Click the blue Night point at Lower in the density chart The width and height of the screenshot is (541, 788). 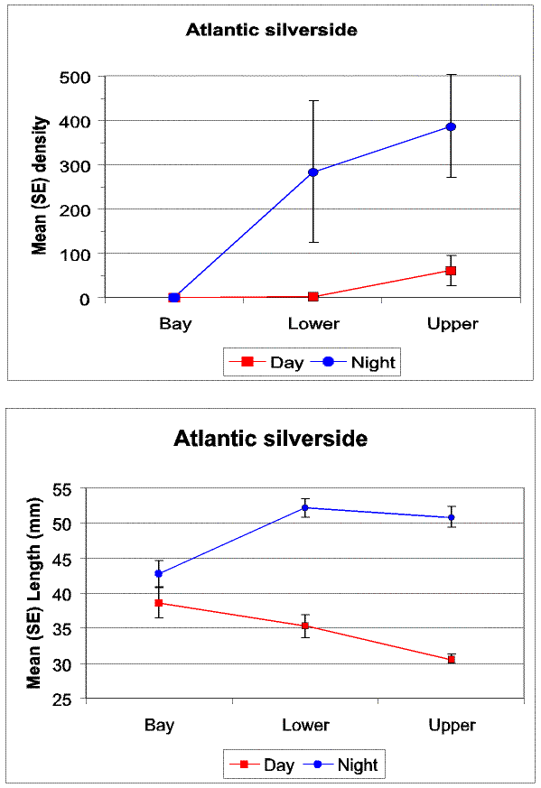point(313,172)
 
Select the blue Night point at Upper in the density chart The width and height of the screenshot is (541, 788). point(451,126)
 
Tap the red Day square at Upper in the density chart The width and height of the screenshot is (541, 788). point(451,271)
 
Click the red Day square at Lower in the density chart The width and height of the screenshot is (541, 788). point(313,296)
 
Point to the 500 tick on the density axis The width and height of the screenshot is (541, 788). point(75,78)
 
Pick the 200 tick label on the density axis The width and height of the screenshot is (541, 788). point(75,210)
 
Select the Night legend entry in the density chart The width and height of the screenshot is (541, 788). point(353,362)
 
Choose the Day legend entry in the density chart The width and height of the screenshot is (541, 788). point(266,362)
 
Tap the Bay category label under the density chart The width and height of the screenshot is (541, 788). point(175,324)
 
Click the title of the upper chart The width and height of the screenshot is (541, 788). point(272,30)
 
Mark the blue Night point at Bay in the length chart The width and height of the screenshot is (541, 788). point(159,573)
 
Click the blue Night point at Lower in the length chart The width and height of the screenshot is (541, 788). point(305,507)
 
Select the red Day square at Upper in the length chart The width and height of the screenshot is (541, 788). point(452,659)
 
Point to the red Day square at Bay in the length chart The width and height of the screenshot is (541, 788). point(159,603)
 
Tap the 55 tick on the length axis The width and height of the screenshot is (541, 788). point(62,489)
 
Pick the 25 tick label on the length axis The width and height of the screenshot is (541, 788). point(62,700)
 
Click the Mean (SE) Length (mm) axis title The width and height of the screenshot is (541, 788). point(33,593)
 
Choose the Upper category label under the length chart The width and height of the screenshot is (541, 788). point(452,726)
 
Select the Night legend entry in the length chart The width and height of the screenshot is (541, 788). point(340,765)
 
